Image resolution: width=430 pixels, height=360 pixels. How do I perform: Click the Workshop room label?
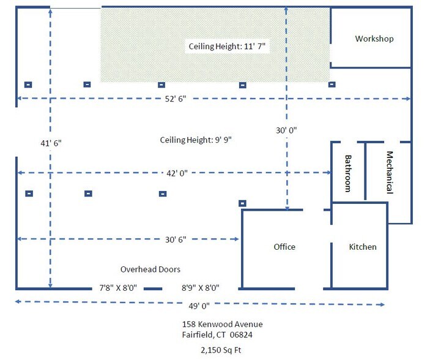tap(374, 39)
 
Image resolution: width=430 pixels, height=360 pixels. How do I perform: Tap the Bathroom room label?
tap(347, 173)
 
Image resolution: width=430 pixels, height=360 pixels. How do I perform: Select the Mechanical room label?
tap(390, 173)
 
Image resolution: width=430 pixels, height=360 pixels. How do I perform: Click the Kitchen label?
tap(363, 247)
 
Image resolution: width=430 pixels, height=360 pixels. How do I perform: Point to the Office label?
tap(284, 247)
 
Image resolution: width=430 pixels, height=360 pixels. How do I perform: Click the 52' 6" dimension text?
tap(176, 99)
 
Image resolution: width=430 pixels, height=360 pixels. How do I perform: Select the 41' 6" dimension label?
tap(51, 143)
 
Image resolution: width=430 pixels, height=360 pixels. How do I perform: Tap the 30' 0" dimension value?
tap(286, 130)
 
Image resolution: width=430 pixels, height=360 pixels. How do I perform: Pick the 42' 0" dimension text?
tap(177, 173)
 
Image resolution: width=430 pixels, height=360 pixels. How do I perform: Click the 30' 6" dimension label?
tap(176, 239)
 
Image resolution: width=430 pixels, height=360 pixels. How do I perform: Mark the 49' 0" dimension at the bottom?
tap(199, 306)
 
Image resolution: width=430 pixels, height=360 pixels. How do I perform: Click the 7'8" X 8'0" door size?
tap(118, 288)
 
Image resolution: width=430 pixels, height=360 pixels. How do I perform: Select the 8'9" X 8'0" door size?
tap(201, 288)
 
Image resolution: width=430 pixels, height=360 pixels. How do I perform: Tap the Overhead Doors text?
tap(150, 269)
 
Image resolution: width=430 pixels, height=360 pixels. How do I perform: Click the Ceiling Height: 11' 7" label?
tap(227, 46)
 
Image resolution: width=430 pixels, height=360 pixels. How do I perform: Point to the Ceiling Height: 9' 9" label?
tap(196, 140)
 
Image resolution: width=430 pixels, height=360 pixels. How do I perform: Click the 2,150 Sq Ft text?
tap(221, 350)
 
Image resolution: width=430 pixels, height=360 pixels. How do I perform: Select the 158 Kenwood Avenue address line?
tap(223, 324)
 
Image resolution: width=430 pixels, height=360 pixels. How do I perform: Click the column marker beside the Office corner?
tap(242, 203)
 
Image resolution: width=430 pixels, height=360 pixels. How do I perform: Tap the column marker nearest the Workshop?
tap(332, 84)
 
